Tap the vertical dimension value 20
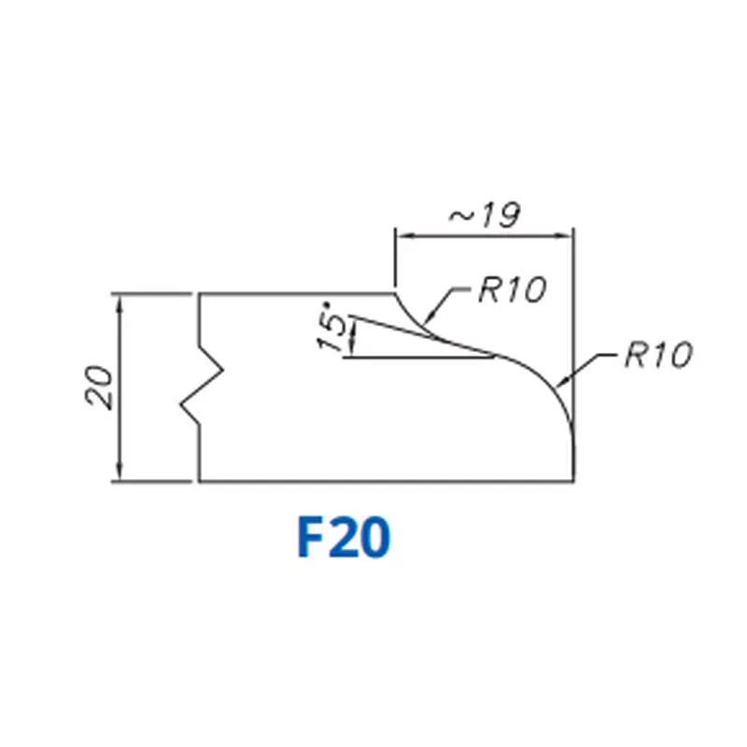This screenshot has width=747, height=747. pyautogui.click(x=99, y=388)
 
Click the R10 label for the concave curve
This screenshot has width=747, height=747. pyautogui.click(x=510, y=289)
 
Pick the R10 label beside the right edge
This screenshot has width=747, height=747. pyautogui.click(x=657, y=356)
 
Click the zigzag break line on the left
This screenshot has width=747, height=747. pyautogui.click(x=204, y=388)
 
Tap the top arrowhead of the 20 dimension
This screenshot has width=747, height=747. pyautogui.click(x=120, y=302)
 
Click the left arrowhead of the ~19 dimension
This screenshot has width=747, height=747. pyautogui.click(x=402, y=234)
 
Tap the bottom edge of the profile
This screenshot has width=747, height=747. pyautogui.click(x=383, y=482)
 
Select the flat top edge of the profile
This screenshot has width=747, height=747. pyautogui.click(x=299, y=293)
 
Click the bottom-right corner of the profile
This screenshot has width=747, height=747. pyautogui.click(x=572, y=482)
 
